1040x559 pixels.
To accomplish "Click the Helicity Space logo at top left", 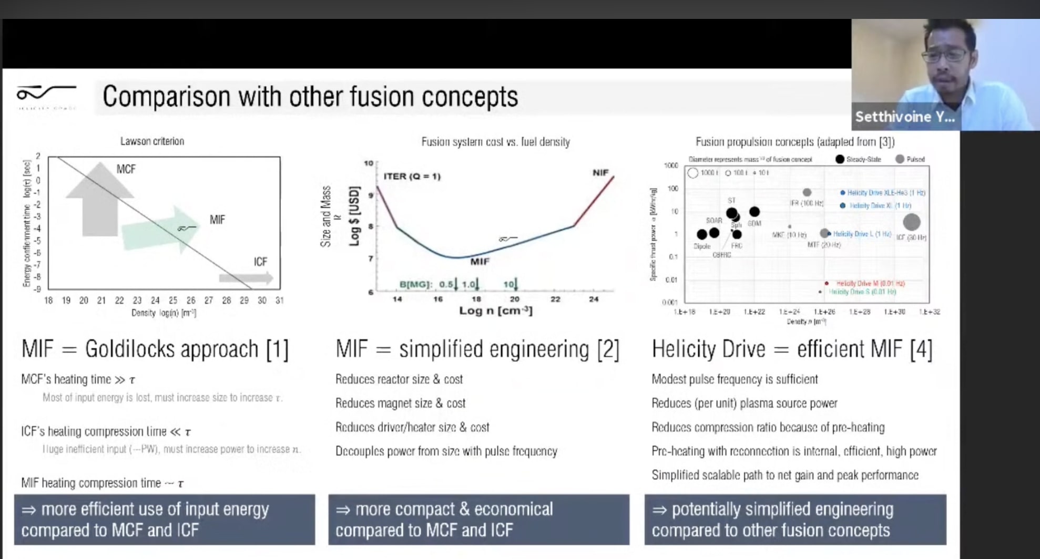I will pos(46,96).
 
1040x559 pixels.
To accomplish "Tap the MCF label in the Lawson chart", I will pos(126,169).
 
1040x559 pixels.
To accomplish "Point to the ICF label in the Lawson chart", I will pos(260,262).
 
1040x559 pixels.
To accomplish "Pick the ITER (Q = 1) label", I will pos(412,177).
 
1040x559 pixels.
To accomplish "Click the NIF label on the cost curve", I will pos(600,173).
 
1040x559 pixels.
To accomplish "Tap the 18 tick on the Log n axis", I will pos(476,299).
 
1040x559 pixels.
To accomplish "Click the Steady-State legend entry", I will pos(858,159).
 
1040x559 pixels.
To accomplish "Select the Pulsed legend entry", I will pos(910,159).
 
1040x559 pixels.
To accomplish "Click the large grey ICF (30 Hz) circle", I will pos(911,222).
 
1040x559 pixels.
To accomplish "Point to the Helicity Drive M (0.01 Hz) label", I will pos(870,283).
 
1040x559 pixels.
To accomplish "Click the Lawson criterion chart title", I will pos(152,141).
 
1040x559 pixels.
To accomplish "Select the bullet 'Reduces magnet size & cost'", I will pos(400,403).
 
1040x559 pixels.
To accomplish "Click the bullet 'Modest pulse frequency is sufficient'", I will pos(734,379).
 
